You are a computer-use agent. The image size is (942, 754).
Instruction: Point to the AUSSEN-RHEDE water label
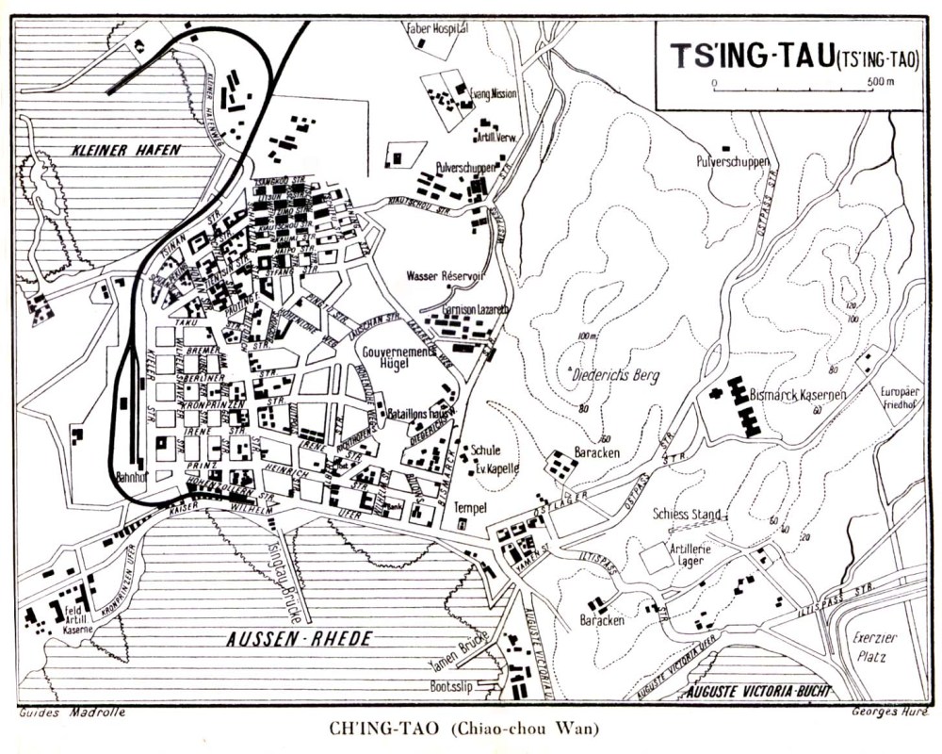pyautogui.click(x=299, y=639)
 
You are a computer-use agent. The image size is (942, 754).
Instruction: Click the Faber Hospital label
pyautogui.click(x=436, y=28)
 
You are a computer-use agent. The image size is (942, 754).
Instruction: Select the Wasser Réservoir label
pyautogui.click(x=445, y=276)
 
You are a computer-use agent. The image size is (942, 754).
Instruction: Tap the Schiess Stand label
pyautogui.click(x=687, y=515)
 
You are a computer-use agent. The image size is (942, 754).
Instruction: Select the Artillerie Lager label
pyautogui.click(x=689, y=554)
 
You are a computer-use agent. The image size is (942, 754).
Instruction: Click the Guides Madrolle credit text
pyautogui.click(x=72, y=713)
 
